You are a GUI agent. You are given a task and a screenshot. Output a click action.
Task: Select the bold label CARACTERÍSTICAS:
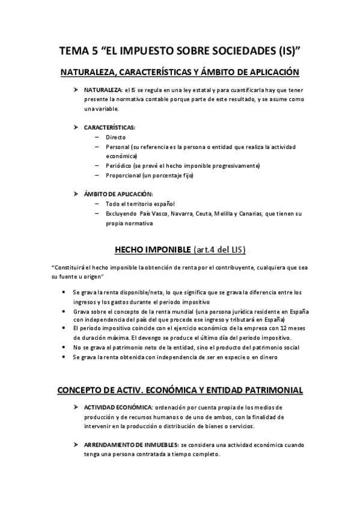[109, 127]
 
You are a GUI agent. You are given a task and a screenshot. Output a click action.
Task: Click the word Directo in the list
[115, 137]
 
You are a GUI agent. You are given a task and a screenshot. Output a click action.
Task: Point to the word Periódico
[119, 166]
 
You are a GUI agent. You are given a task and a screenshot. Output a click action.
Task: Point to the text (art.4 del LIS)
[219, 250]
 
